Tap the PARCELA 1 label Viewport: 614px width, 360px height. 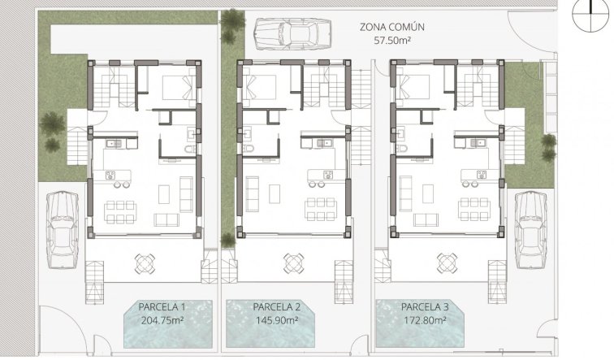click(x=162, y=306)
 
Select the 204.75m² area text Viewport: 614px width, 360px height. click(x=162, y=319)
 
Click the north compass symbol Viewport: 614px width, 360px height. click(x=590, y=15)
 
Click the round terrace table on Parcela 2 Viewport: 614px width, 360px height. click(x=293, y=262)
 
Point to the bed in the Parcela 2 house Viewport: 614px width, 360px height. click(x=261, y=85)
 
